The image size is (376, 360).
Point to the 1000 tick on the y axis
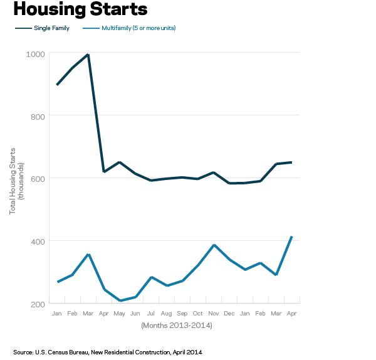[x=36, y=54]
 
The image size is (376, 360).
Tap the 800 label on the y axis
[x=38, y=116]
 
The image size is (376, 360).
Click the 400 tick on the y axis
[x=38, y=241]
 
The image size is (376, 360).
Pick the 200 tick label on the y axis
[x=38, y=304]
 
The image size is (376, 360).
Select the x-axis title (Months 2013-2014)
[x=177, y=325]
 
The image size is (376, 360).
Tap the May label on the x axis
[x=120, y=313]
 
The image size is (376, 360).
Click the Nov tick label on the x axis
[x=214, y=313]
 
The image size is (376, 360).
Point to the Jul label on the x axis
[x=151, y=313]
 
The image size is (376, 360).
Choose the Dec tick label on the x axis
[x=229, y=313]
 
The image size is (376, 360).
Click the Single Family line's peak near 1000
[x=88, y=55]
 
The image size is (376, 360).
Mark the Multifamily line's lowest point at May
[x=120, y=301]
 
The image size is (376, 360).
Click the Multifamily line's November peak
[x=214, y=245]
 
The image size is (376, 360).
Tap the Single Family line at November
[x=214, y=172]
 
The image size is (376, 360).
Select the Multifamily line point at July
[x=151, y=277]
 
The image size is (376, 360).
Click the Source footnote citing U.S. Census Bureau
[x=107, y=352]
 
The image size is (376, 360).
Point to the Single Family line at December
[x=229, y=183]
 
